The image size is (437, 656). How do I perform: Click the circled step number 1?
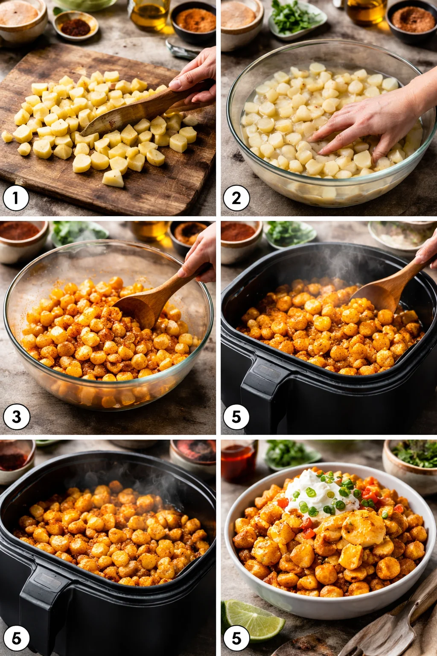coord(16,198)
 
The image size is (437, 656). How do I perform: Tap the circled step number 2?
coord(236,198)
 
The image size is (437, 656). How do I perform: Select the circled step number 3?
coord(16,416)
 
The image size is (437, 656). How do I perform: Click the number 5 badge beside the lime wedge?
coord(236,638)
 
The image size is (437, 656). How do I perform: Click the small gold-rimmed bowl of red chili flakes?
coord(76,26)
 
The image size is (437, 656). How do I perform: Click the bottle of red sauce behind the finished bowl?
coord(239,461)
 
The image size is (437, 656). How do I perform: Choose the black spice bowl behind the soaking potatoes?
coord(412,21)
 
